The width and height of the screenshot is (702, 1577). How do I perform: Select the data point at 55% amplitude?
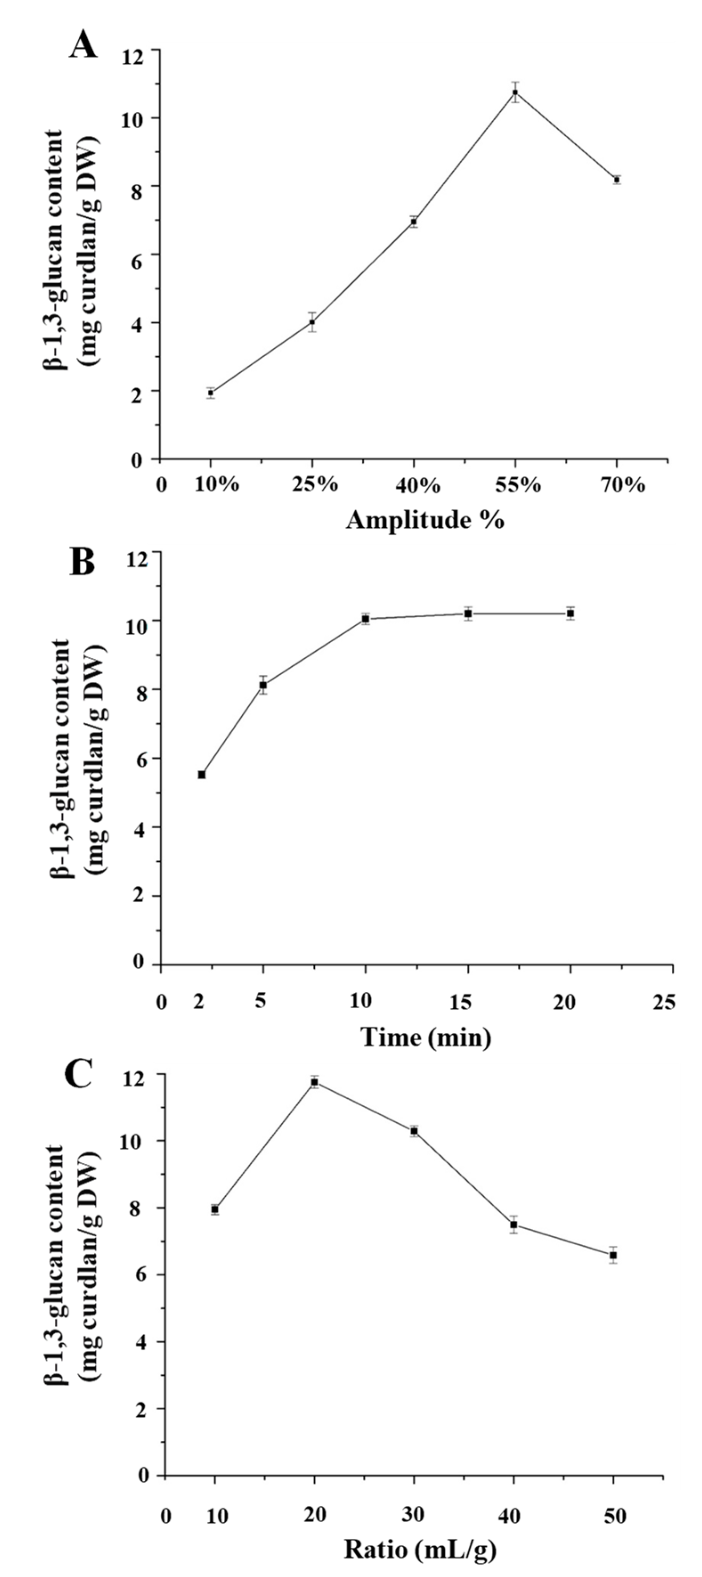tap(515, 93)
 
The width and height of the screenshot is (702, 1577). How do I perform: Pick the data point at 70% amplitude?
tap(617, 179)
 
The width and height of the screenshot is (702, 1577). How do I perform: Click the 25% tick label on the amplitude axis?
tap(318, 485)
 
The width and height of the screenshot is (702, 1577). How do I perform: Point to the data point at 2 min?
tap(201, 774)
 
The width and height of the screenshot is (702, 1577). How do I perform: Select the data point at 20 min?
tap(570, 613)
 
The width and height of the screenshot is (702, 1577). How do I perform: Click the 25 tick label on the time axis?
tap(665, 1002)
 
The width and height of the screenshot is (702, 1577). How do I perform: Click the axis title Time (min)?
tap(426, 1037)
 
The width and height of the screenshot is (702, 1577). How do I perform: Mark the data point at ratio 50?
tap(613, 1255)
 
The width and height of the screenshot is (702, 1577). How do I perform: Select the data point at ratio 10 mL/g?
tap(215, 1209)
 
